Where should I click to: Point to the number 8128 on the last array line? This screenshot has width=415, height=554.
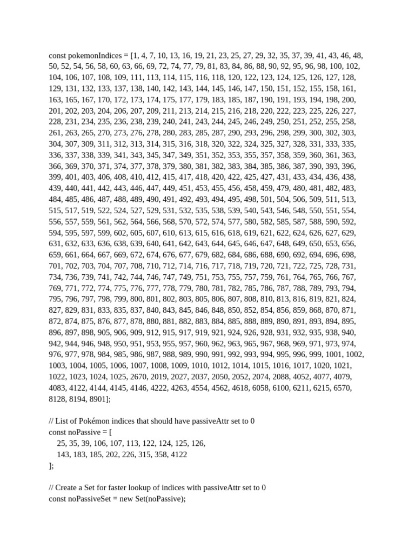pyautogui.click(x=57, y=399)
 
